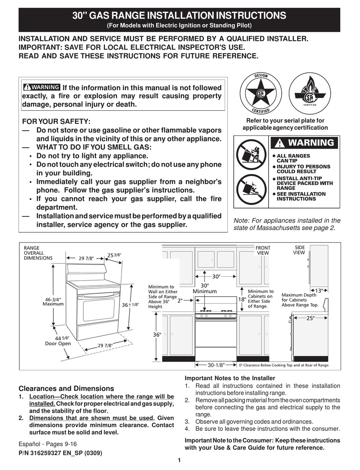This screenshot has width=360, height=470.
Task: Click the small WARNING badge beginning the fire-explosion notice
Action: click(x=41, y=88)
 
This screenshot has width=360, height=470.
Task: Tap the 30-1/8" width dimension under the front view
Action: click(x=216, y=365)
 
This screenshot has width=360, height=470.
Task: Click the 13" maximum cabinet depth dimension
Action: click(x=319, y=290)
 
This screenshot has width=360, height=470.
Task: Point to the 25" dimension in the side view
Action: click(x=310, y=318)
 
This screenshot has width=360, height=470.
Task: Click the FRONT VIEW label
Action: click(x=263, y=250)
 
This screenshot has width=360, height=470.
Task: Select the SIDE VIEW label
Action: click(x=299, y=250)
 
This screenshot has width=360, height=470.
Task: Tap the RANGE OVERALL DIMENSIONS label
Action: click(x=38, y=253)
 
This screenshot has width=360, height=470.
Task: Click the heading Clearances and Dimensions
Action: click(x=66, y=389)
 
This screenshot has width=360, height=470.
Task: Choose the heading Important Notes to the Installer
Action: click(x=230, y=378)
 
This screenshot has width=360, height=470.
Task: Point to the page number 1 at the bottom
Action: click(x=179, y=461)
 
